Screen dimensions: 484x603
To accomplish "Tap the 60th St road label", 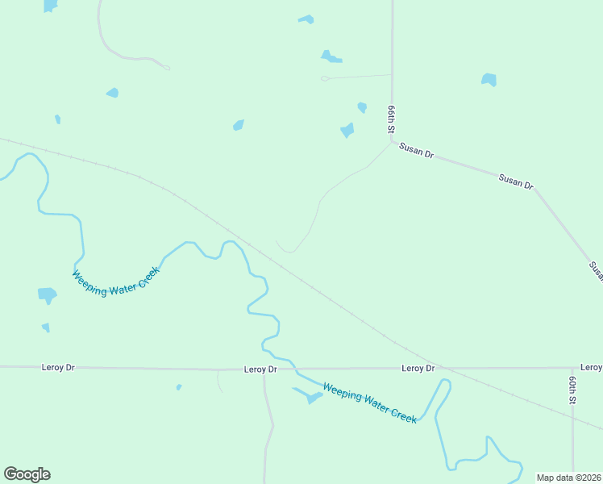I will coord(572,390).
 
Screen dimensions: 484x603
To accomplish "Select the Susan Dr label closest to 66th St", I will coord(418,151).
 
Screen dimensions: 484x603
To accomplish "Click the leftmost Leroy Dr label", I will coord(58,367).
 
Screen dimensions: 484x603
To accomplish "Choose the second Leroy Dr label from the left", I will coord(260,369).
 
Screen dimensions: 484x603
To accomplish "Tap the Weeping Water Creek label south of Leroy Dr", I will coord(369,403).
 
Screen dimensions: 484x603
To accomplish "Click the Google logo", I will coord(27,474).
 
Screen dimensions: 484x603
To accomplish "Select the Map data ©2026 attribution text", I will coord(568,478).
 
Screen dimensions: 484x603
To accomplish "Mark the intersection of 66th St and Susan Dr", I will coord(393,143).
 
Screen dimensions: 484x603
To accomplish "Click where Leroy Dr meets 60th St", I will coord(572,368).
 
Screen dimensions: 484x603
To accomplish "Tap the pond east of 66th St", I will coord(489,80).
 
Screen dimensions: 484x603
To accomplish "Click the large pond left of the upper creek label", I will coord(48,295).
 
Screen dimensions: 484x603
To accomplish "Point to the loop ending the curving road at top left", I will coord(166,68).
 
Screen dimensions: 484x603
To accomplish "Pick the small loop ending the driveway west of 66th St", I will coord(324,78).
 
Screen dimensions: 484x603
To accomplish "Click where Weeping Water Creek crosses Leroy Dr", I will coord(296,369).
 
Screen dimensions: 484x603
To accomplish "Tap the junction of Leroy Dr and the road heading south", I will coord(264,369).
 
